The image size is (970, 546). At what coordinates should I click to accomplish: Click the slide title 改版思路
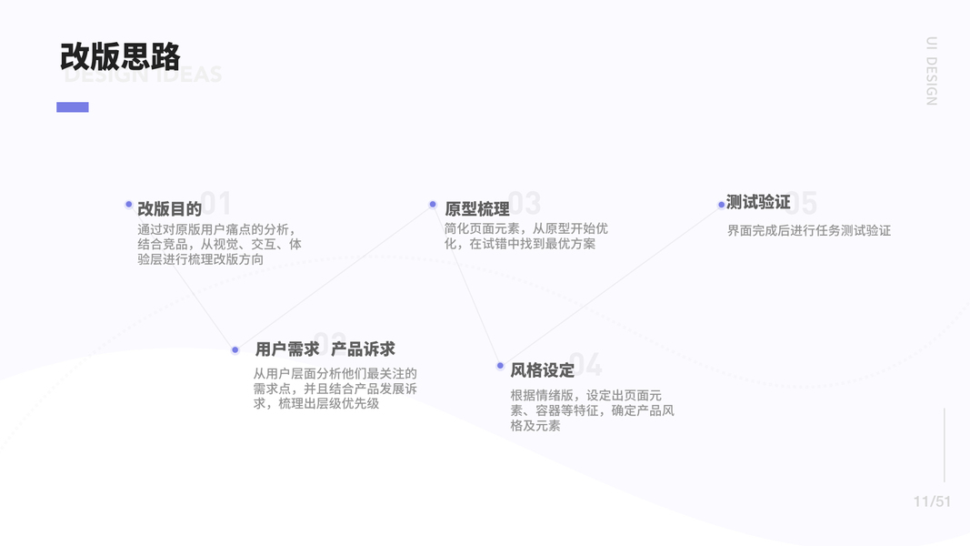pos(120,56)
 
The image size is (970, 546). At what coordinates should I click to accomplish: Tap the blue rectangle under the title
pos(73,107)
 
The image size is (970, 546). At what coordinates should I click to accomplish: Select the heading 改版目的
pos(169,208)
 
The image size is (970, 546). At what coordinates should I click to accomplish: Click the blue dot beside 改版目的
pos(129,205)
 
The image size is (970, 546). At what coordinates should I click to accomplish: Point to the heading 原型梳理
pos(477,208)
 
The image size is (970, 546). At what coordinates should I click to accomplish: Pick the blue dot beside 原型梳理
pos(433,205)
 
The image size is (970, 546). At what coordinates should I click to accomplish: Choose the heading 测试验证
pos(758,202)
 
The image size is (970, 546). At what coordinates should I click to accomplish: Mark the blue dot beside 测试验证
pos(721,205)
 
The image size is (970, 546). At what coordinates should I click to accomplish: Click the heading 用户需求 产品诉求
pos(325,349)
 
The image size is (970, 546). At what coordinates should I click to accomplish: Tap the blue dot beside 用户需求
pos(235,349)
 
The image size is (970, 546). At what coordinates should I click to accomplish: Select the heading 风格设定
pos(542,369)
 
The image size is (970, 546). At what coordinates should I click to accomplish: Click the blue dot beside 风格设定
pos(500,366)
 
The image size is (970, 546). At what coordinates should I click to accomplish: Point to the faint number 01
pos(218,203)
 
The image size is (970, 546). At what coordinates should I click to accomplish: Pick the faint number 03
pos(525,203)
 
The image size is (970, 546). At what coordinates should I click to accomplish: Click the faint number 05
pos(804,203)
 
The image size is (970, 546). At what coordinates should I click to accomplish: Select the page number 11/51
pos(932,501)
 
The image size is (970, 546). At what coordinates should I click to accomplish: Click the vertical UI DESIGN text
pos(931,71)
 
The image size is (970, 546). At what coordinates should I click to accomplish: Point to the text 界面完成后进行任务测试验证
pos(808,231)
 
